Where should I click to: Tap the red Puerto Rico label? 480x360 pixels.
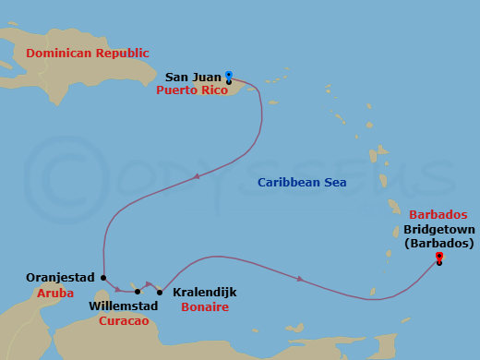(191, 90)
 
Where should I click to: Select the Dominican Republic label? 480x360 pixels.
(88, 54)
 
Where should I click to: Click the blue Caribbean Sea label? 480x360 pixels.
(302, 183)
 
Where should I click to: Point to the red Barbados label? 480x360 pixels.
(438, 213)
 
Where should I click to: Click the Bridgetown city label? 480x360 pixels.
(438, 228)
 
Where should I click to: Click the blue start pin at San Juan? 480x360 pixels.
(229, 76)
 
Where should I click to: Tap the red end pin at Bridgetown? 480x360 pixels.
(439, 257)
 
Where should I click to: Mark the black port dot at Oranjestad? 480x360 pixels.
(104, 277)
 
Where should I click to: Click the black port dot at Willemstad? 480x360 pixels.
(138, 292)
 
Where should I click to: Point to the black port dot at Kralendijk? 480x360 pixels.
(160, 293)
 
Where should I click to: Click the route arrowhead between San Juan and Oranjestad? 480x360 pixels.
(196, 175)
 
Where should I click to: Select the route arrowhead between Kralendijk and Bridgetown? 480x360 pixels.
(299, 278)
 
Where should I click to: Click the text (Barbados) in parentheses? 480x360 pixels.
(438, 243)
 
